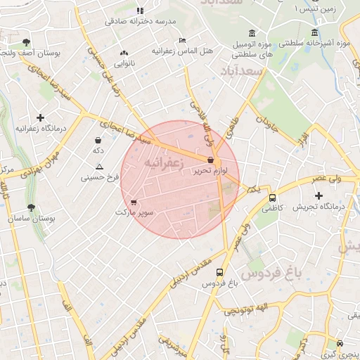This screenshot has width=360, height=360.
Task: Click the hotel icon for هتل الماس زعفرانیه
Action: point(183,40)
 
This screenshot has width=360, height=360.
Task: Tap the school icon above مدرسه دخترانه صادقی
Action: point(140,11)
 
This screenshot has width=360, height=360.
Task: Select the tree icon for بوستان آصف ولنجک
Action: point(27,42)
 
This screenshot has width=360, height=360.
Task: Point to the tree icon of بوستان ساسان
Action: point(31,207)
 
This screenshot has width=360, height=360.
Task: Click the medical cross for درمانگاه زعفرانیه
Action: point(40,117)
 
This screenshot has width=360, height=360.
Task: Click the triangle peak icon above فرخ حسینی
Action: point(98,167)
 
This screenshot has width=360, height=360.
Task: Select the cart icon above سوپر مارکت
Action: point(134,202)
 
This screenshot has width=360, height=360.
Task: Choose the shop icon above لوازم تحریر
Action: point(210,160)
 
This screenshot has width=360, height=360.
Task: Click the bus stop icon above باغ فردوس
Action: point(219,272)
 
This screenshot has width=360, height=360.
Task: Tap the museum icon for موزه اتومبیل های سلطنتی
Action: point(252,34)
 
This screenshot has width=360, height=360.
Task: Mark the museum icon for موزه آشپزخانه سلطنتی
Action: point(314,33)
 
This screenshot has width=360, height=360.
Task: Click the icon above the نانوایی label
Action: point(124,53)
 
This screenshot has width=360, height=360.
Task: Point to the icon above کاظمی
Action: point(270,197)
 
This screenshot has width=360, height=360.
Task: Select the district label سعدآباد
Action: point(240,72)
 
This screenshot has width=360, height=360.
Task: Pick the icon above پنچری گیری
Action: point(341,344)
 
